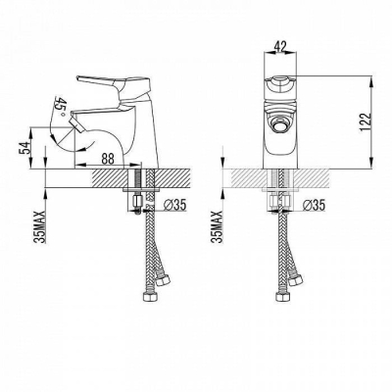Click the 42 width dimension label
coord(280,46)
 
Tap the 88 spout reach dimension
coord(107,159)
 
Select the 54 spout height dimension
coord(24,148)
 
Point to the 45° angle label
coord(61,106)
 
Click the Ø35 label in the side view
coord(174,205)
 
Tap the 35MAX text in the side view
coord(41,226)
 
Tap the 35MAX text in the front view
coord(218,226)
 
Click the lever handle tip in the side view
coord(78,77)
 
